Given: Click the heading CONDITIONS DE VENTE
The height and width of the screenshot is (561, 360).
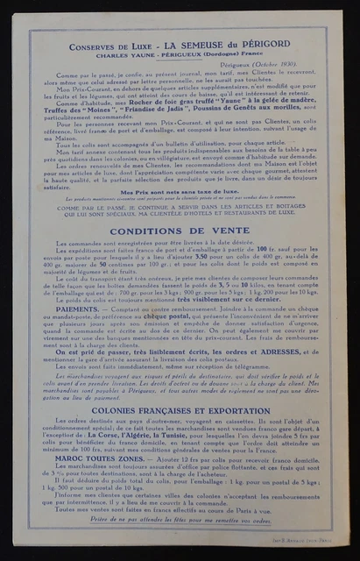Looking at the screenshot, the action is click(x=179, y=231).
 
